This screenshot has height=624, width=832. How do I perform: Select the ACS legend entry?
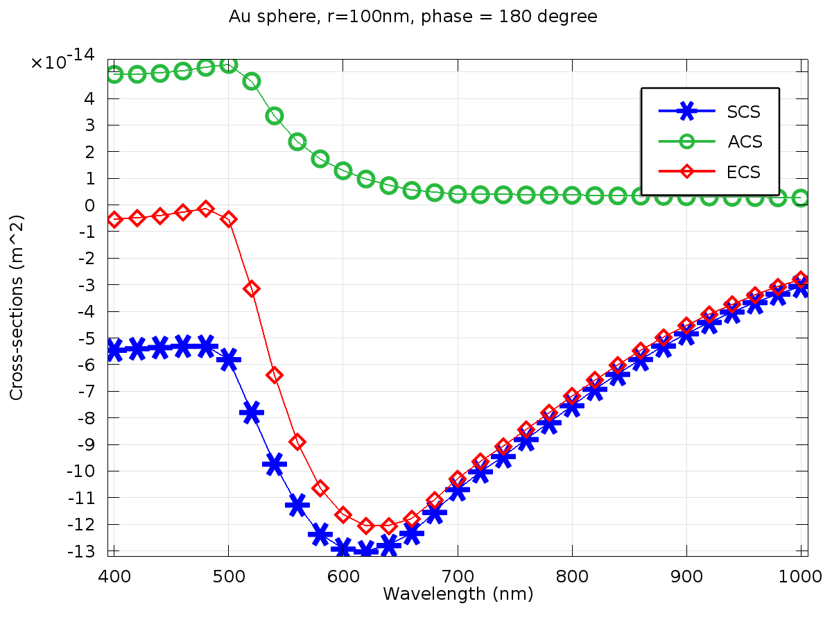coord(745,141)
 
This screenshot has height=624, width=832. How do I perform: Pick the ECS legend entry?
coord(743,172)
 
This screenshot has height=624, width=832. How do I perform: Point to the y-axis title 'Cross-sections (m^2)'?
coord(17,306)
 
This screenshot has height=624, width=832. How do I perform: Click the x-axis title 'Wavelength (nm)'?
coord(458,594)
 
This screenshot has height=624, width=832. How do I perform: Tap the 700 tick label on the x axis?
coord(458,575)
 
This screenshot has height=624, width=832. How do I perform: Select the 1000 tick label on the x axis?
coord(801,575)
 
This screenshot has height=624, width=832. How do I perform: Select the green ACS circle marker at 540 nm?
coord(274,115)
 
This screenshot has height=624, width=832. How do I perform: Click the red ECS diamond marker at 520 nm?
coord(252,288)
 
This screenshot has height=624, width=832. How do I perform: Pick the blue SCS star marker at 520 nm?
coord(251,412)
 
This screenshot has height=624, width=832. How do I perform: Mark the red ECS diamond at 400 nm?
coord(114,219)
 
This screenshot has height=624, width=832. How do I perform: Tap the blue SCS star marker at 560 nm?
coord(297,505)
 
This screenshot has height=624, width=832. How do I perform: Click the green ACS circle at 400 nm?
coord(114,74)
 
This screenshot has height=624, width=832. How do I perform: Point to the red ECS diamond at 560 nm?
coord(297,442)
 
